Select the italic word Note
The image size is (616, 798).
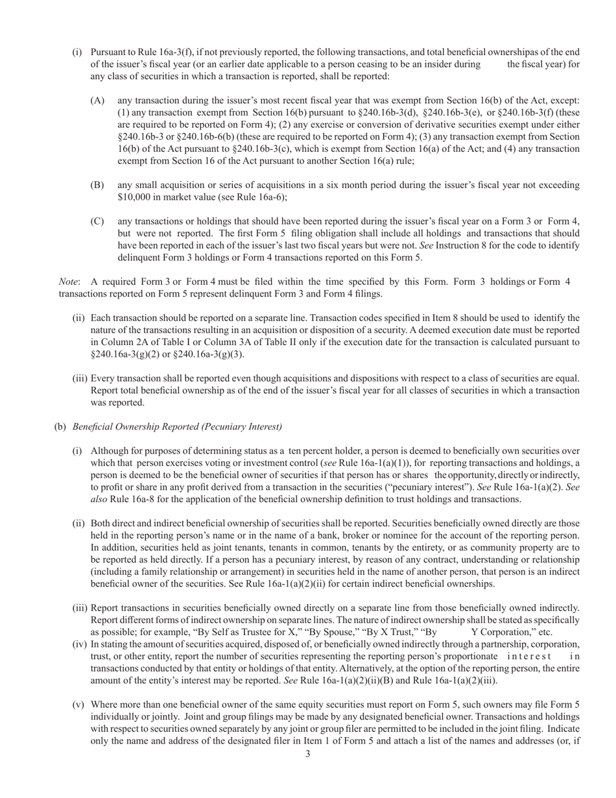click(x=69, y=282)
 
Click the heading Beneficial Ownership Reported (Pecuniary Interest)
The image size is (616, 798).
click(x=177, y=426)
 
